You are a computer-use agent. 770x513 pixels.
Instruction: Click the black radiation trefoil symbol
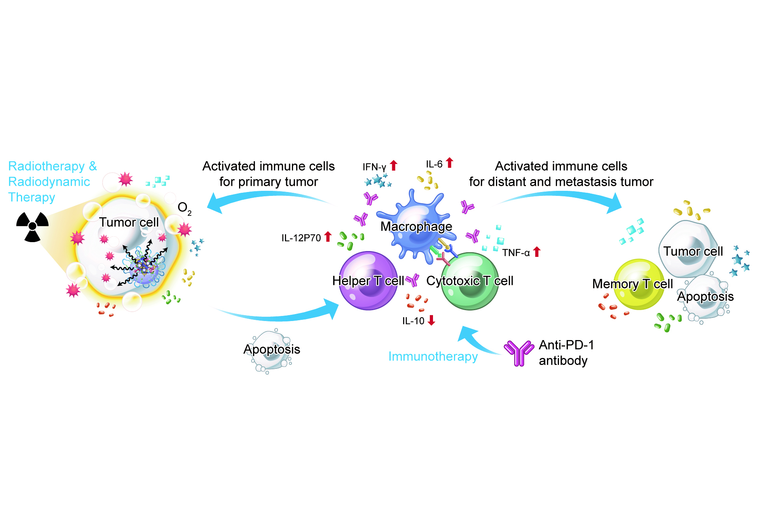(x=32, y=227)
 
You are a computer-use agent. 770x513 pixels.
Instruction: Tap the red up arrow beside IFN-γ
(x=394, y=166)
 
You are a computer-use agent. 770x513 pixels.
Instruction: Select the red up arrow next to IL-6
(x=449, y=162)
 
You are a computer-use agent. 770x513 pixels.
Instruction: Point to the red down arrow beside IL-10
(x=431, y=320)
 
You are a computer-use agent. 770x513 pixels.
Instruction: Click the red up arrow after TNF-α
(x=537, y=252)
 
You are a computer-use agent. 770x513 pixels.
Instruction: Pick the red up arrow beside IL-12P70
(x=328, y=236)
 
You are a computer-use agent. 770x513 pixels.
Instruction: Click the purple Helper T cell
(x=368, y=281)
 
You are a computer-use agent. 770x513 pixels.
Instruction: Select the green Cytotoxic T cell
(x=470, y=281)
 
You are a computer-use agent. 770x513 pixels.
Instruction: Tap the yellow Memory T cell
(x=639, y=284)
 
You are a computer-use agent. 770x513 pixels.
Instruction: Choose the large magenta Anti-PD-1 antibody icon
(x=519, y=352)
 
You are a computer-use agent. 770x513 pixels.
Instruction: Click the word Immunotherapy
(x=433, y=356)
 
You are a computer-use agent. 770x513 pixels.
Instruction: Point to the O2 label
(x=184, y=209)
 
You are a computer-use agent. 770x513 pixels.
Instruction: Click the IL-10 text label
(x=413, y=321)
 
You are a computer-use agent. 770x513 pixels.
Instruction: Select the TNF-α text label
(x=516, y=253)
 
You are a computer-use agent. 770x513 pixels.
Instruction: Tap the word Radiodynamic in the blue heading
(x=49, y=181)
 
